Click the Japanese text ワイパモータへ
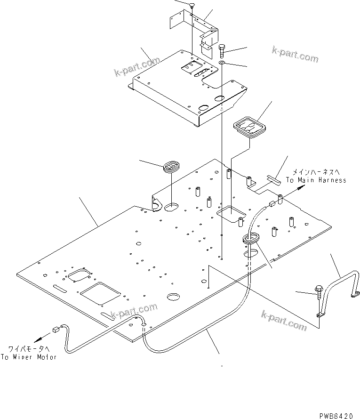coord(25,349)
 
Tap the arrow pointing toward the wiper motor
coord(41,337)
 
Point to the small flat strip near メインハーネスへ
coord(272,178)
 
